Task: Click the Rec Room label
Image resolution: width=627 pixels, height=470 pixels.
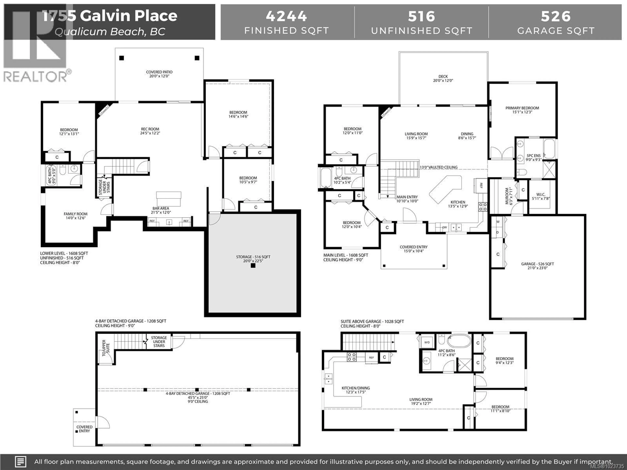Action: pyautogui.click(x=150, y=131)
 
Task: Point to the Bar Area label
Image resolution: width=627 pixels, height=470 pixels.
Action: pyautogui.click(x=161, y=210)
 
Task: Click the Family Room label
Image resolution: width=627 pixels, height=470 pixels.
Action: pyautogui.click(x=75, y=216)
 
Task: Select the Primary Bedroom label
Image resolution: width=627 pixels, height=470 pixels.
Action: pyautogui.click(x=522, y=110)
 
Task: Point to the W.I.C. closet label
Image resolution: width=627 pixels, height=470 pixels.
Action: pyautogui.click(x=541, y=196)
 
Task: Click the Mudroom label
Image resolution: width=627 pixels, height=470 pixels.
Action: pyautogui.click(x=509, y=196)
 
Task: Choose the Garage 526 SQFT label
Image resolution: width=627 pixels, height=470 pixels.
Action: pyautogui.click(x=537, y=266)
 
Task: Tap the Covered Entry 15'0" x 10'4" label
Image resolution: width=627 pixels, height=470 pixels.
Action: pyautogui.click(x=414, y=249)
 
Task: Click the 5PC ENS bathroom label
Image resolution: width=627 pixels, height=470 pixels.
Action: pyautogui.click(x=533, y=157)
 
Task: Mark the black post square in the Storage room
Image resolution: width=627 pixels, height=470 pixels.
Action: pyautogui.click(x=253, y=266)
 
